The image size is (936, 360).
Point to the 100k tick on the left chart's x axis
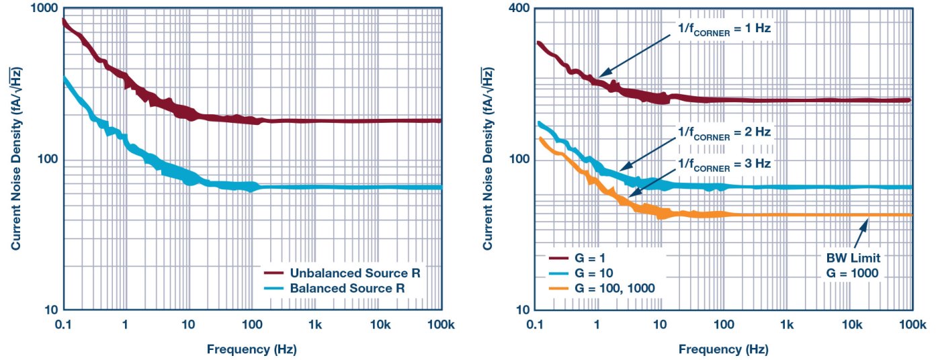click(441, 325)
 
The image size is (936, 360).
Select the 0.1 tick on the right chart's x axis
click(536, 325)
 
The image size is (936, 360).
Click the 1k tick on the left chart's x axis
click(314, 325)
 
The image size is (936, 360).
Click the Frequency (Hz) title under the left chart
click(252, 349)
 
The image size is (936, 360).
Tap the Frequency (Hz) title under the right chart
click(724, 349)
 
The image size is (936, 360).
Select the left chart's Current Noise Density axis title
click(16, 159)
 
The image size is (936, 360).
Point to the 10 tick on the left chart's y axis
click(49, 310)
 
